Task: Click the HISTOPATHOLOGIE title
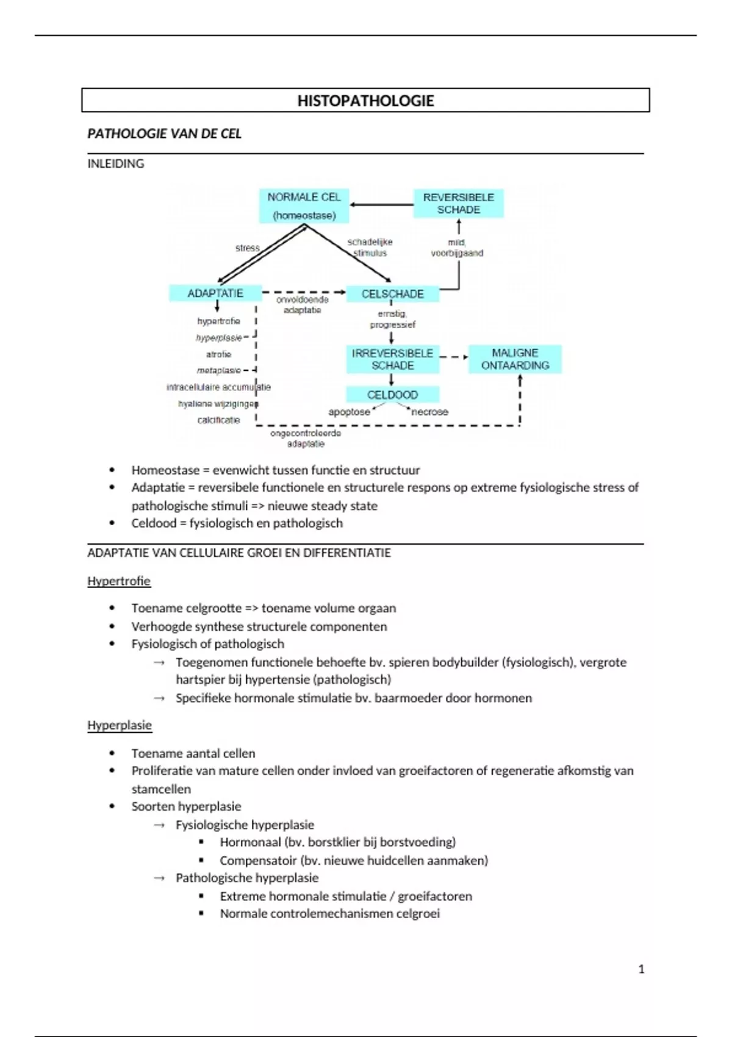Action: (x=365, y=101)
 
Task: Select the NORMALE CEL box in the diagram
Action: (x=304, y=206)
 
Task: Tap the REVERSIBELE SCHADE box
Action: (x=459, y=204)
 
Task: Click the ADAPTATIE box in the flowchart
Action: (x=215, y=293)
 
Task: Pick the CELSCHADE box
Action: (x=392, y=294)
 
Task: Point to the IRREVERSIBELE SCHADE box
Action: (x=392, y=359)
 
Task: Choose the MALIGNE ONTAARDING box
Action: (x=515, y=359)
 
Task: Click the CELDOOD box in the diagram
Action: (x=392, y=395)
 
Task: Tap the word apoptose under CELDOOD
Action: (x=349, y=412)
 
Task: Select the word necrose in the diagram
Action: (x=429, y=412)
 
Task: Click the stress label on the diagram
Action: (x=247, y=248)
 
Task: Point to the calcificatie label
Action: (x=218, y=420)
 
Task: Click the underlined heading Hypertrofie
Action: (x=119, y=581)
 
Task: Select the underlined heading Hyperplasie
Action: (x=120, y=725)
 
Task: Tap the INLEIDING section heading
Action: (x=116, y=163)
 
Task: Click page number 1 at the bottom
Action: (x=641, y=969)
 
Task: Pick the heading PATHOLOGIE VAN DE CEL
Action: (x=164, y=134)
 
